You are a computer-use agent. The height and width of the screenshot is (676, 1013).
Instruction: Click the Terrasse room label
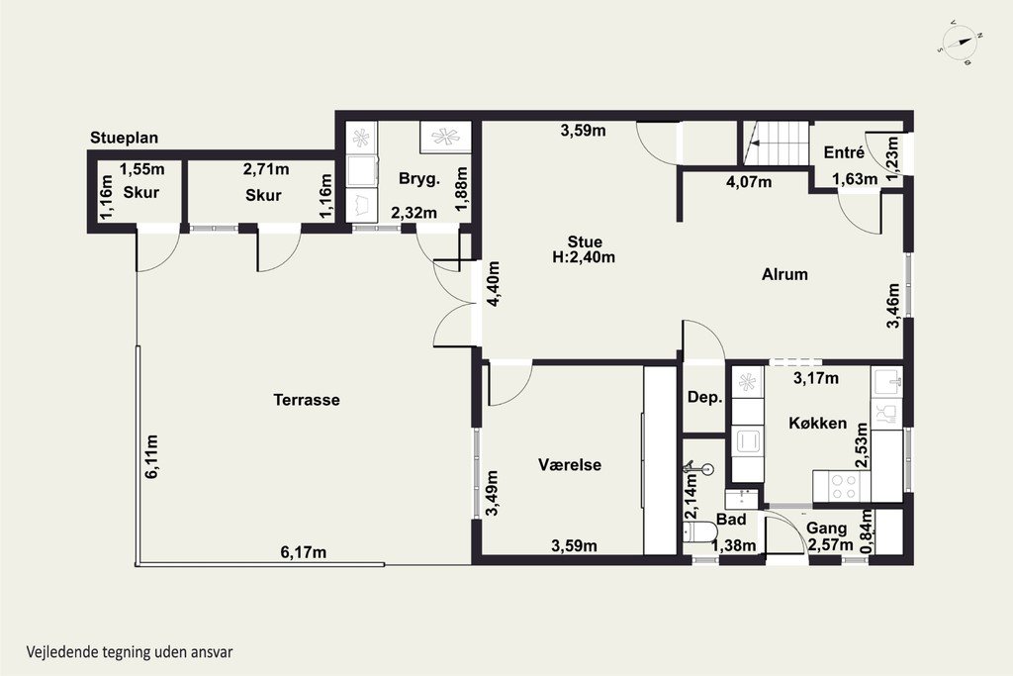coord(307,400)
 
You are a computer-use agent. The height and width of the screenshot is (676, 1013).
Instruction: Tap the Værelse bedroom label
coord(570,464)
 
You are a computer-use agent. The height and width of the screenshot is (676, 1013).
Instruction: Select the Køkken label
coord(818,424)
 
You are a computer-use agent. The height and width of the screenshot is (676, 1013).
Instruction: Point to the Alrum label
coord(784,274)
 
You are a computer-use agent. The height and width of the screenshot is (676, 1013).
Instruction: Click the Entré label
coord(844,152)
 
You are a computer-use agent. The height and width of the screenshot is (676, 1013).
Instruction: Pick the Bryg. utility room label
coord(419,179)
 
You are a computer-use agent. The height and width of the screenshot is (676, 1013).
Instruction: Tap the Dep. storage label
coord(704,398)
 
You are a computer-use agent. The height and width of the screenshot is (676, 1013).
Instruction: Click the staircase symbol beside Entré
coord(776,144)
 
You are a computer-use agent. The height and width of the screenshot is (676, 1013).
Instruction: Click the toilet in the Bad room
coord(699,532)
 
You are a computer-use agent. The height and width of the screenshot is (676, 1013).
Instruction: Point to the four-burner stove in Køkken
coord(842,486)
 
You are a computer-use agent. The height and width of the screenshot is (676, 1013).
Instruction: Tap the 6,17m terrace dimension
coord(303,552)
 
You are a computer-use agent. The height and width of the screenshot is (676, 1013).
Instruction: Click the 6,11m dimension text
coord(151,456)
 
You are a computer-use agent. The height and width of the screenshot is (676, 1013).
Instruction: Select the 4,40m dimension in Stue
coord(493,284)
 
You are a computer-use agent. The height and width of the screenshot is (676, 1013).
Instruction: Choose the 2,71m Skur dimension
coord(266,169)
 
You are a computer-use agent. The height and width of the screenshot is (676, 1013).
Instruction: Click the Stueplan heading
coord(124,138)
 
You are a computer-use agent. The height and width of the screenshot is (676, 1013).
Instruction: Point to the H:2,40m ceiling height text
coord(584,257)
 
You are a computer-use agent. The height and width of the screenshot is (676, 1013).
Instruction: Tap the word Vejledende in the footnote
coord(62,651)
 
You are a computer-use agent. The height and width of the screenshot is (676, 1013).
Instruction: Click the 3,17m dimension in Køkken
coord(816,378)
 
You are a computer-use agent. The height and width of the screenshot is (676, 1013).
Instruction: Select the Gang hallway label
coord(826,529)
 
